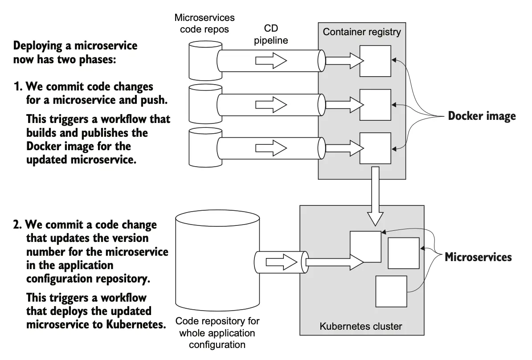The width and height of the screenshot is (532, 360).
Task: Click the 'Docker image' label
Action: tap(482, 116)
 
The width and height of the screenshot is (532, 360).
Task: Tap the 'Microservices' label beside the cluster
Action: tap(478, 257)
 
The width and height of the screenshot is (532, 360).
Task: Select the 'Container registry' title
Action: tap(362, 32)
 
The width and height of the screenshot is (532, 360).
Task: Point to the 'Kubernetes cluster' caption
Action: tap(361, 326)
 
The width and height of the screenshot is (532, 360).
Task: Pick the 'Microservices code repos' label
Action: tap(205, 23)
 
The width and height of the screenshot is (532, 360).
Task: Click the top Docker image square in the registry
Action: tap(375, 61)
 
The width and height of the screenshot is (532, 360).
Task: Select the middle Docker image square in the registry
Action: tap(375, 105)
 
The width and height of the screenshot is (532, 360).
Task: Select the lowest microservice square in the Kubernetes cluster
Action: tap(391, 291)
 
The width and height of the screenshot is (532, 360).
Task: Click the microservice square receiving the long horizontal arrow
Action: tap(365, 246)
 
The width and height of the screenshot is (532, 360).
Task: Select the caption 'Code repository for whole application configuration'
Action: tap(217, 332)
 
